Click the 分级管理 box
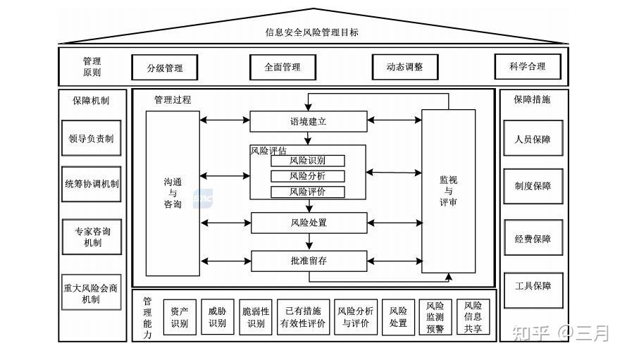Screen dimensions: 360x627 tap(165, 68)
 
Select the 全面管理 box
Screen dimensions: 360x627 tap(283, 67)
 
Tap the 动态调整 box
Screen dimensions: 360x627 tap(404, 67)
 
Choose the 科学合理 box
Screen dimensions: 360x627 tap(528, 67)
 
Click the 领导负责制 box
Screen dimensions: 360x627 tap(91, 139)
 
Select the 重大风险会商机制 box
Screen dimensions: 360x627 tap(91, 292)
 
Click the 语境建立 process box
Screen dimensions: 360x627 tap(308, 121)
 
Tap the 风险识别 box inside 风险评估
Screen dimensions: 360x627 tap(308, 161)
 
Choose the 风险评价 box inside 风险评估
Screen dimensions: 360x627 tap(308, 192)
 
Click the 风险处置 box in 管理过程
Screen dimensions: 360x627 tap(308, 223)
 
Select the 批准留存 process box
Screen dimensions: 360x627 tap(308, 261)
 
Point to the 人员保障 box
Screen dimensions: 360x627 tap(533, 139)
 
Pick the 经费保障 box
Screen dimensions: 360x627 tap(533, 239)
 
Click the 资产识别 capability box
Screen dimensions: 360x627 tap(180, 317)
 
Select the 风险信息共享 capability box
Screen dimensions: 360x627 tap(473, 317)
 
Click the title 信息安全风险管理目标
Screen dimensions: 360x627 tap(312, 32)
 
